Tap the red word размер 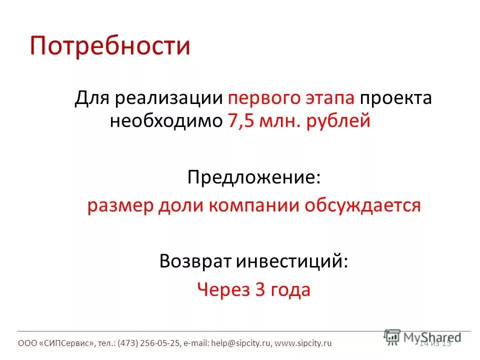coord(119,206)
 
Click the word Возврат coord(195,261)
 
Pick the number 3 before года coord(260,290)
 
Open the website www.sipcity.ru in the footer coord(303,343)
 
